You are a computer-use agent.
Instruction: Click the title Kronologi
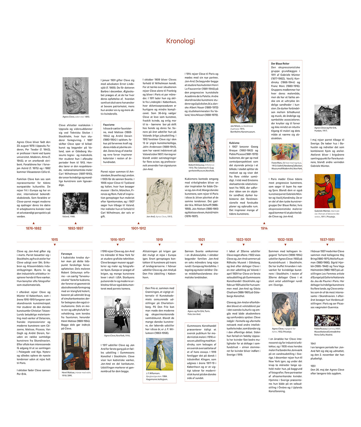click(180, 41)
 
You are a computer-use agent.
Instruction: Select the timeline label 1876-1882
click(34, 228)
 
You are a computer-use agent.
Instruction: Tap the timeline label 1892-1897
click(76, 228)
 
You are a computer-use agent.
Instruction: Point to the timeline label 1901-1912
click(138, 228)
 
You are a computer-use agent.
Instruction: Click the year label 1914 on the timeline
click(264, 228)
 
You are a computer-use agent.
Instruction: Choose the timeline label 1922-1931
click(244, 240)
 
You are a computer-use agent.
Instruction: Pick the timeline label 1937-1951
click(327, 240)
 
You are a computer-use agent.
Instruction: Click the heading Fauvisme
click(109, 125)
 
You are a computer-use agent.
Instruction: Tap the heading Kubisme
click(234, 143)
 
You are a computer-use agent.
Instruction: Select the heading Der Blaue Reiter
click(280, 64)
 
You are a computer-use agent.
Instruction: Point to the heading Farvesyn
click(67, 254)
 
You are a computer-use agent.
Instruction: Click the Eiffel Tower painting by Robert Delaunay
click(201, 143)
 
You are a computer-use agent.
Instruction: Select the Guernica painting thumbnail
click(327, 320)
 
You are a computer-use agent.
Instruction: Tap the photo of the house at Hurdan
click(327, 115)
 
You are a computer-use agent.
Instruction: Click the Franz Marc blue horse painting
click(285, 152)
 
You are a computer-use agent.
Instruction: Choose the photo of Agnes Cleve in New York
click(117, 314)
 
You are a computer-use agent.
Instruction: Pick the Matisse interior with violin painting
click(75, 351)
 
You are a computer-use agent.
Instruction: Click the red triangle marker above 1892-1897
click(76, 223)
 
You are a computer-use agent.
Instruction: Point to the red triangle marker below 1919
click(159, 245)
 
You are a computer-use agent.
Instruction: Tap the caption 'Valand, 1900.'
click(69, 217)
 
